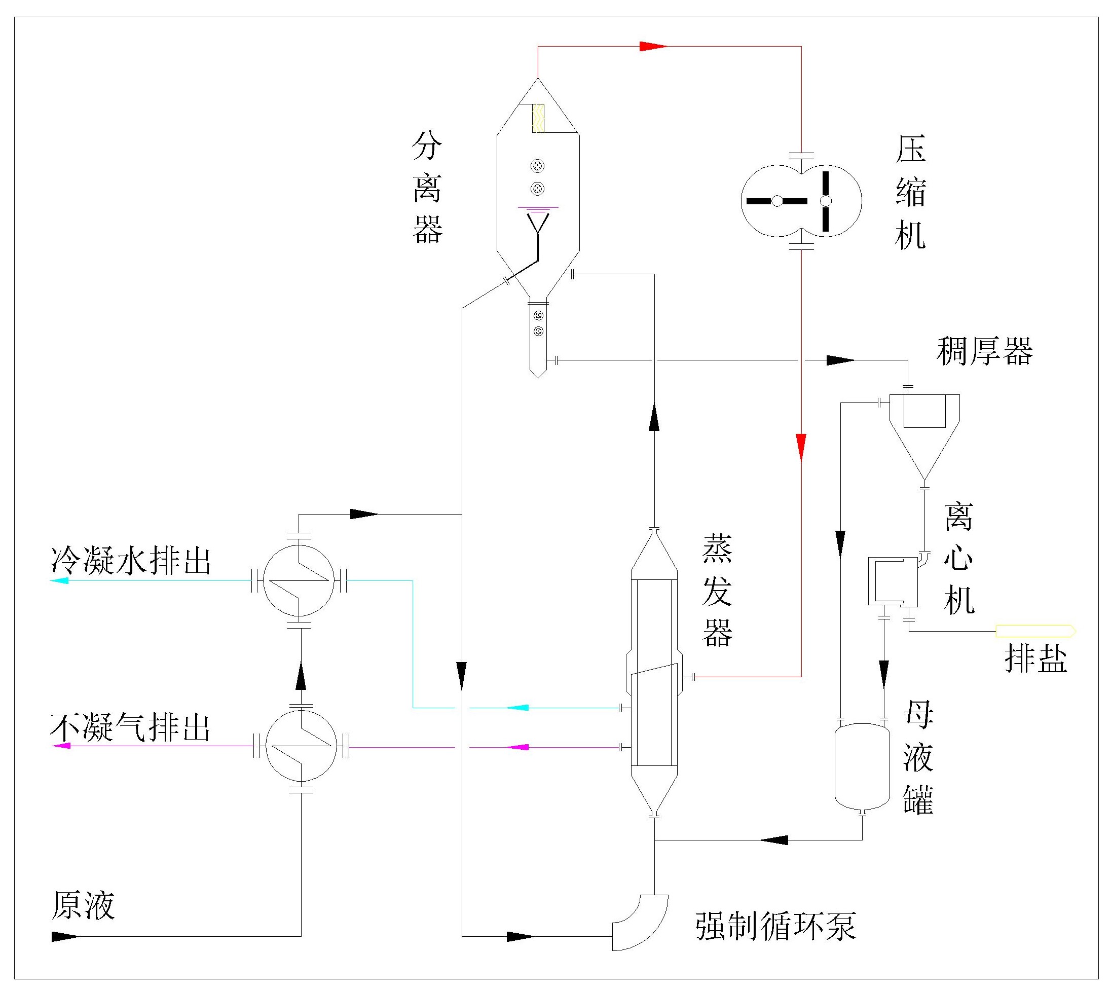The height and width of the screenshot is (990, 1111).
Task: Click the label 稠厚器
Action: [x=984, y=351]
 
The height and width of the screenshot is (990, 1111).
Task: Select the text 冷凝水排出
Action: [x=131, y=560]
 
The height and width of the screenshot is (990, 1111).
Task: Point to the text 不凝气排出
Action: [x=131, y=727]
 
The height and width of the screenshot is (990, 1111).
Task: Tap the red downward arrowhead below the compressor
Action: [x=801, y=448]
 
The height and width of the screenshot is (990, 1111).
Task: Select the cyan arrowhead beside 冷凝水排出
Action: [x=59, y=580]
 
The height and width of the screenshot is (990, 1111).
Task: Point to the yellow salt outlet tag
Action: [x=1035, y=631]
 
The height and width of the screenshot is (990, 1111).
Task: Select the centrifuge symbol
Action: [x=893, y=582]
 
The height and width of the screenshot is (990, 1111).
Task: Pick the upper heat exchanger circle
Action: [x=299, y=580]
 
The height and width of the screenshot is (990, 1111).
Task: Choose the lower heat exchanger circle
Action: [x=301, y=746]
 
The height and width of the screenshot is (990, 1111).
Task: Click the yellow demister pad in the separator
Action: [x=538, y=118]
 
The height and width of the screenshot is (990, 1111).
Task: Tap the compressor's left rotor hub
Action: [x=777, y=201]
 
